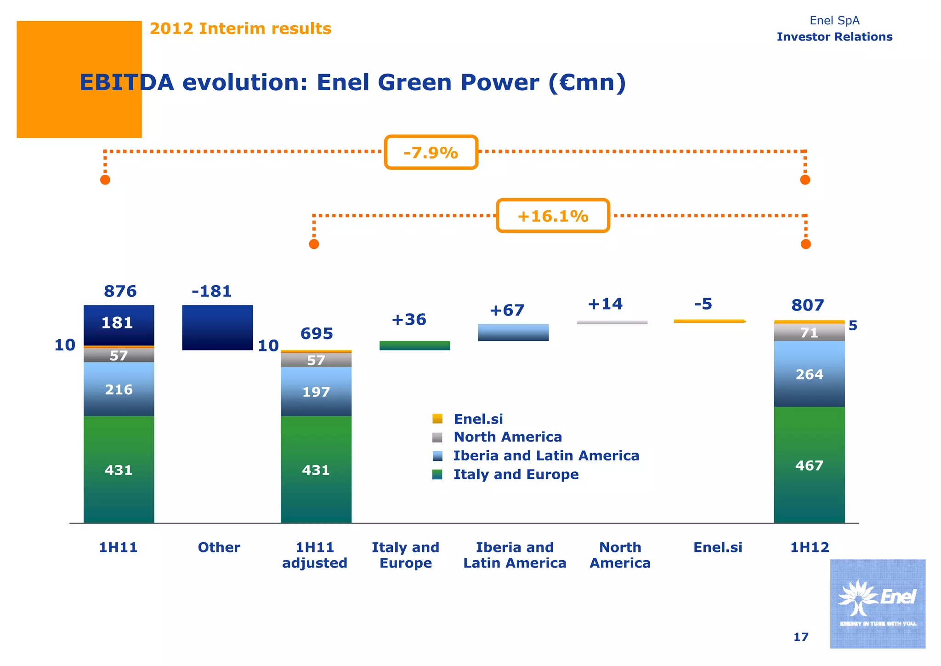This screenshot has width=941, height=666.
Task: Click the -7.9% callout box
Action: pos(431,152)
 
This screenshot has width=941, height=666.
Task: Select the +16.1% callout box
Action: pos(553,216)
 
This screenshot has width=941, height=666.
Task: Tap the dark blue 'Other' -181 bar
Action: pos(217,327)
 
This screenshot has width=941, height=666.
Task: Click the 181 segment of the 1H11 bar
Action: pos(119,324)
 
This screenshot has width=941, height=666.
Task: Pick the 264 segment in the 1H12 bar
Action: pos(809,374)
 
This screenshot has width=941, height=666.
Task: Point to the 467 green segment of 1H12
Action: pos(809,465)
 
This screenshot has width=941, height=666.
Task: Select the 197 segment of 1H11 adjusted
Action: pos(316,391)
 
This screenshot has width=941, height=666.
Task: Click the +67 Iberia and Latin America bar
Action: pos(513,332)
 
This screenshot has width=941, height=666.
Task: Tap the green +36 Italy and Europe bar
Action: pos(414,345)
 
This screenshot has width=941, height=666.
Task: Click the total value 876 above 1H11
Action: pos(120,291)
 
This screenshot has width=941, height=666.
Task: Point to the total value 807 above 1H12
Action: pos(807,305)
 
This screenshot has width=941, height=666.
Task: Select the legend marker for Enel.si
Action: pos(437,419)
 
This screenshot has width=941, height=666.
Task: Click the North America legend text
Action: pos(507,437)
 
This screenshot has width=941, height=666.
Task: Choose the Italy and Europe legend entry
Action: pos(516,474)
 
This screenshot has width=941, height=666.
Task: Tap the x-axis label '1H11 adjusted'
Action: pos(315,555)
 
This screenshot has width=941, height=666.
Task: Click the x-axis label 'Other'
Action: pos(219,547)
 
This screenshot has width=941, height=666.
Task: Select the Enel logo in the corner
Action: pos(877,603)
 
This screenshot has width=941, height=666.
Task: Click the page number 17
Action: pos(800,637)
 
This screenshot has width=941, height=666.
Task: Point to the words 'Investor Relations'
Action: pos(834,37)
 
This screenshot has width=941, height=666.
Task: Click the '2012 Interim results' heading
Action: pos(240,29)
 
